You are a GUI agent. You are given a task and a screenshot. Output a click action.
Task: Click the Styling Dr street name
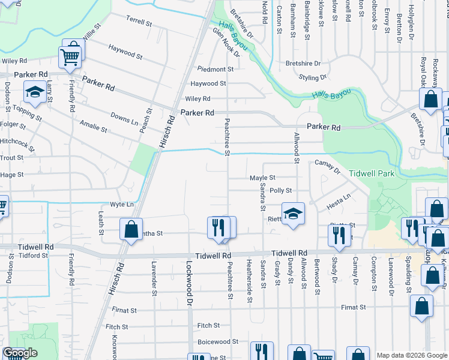313,77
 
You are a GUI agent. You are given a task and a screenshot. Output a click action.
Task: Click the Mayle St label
262,178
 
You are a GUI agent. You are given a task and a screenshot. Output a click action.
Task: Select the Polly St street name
281,190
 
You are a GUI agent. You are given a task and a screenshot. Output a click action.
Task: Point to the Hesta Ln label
338,201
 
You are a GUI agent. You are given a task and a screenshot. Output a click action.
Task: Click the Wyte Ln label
121,205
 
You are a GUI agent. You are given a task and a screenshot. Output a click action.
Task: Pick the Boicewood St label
218,341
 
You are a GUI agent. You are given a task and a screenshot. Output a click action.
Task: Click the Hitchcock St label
15,140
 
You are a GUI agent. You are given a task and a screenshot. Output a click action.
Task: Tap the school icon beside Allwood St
292,213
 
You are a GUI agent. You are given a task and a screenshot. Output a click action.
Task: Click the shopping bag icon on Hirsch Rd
130,229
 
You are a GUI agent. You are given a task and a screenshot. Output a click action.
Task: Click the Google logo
20,353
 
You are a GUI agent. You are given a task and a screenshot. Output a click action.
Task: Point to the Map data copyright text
411,355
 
